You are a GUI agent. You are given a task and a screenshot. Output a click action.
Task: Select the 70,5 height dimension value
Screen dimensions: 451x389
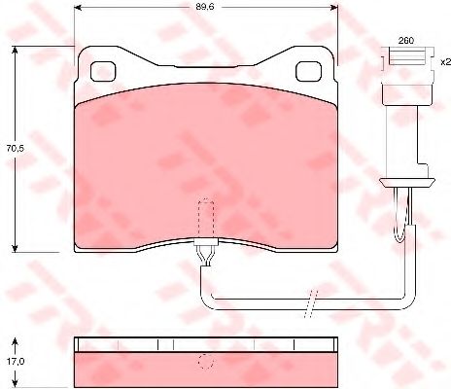tap(16, 149)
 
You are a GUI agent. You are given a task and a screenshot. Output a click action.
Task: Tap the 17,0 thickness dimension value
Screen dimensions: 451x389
tap(16, 361)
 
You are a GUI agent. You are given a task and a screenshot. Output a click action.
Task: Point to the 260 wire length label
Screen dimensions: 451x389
tap(406, 41)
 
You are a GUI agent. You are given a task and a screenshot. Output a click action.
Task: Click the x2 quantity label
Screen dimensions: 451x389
tap(445, 61)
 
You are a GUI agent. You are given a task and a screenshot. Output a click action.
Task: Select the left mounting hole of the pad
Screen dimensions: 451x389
tap(103, 72)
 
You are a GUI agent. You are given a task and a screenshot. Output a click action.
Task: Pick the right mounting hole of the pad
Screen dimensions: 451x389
tap(309, 72)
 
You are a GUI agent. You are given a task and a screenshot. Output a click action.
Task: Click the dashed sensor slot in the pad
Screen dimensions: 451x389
tap(206, 219)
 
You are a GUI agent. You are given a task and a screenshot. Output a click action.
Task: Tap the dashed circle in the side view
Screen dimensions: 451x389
tap(206, 361)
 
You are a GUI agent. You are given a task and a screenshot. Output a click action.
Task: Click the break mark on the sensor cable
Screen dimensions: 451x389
tap(311, 304)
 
